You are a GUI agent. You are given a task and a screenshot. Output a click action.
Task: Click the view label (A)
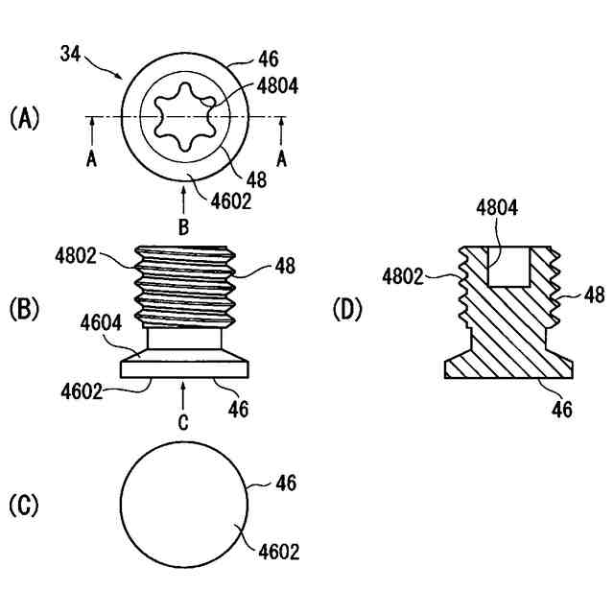24,118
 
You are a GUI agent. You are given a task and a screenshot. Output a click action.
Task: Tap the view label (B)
24,310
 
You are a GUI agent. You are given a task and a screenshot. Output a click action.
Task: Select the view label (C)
24,506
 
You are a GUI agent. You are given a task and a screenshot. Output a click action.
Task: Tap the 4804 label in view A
278,85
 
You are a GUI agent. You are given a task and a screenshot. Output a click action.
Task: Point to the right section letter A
281,160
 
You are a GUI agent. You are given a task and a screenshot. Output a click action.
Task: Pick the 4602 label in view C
278,552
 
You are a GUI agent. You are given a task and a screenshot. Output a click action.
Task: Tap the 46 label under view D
562,410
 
